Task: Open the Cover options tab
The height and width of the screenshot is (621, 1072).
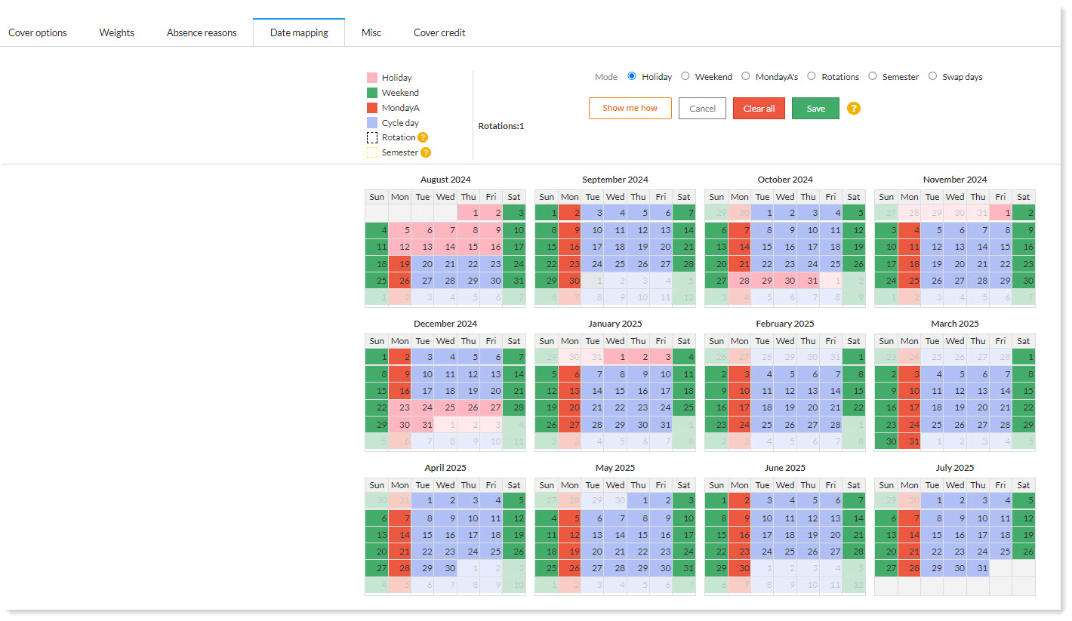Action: [38, 32]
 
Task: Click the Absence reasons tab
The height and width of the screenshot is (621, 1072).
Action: [202, 32]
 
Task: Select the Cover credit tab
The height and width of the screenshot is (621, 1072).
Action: [439, 32]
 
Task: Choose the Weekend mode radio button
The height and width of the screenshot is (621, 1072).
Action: [685, 76]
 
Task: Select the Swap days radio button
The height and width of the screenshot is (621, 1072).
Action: [933, 76]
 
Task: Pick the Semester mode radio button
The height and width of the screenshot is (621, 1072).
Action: [873, 76]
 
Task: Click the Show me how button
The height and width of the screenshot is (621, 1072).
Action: [630, 108]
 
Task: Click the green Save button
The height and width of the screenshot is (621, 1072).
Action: [815, 109]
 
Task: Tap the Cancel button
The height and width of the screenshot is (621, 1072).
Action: [702, 109]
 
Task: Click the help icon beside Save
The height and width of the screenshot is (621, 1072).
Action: [854, 108]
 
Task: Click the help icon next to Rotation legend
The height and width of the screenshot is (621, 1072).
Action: [424, 137]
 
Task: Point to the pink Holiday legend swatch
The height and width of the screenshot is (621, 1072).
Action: [372, 78]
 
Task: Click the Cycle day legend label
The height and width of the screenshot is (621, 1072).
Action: [400, 123]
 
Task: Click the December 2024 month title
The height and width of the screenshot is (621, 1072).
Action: [445, 324]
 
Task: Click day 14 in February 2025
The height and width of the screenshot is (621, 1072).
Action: [835, 391]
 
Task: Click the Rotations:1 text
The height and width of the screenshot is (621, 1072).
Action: [501, 126]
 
